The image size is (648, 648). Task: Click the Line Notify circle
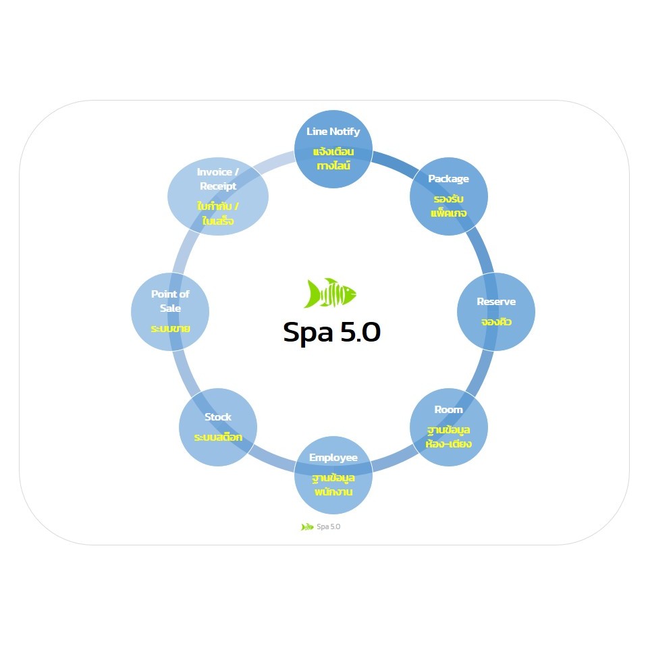pos(333,149)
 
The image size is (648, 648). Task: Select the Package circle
pos(449,196)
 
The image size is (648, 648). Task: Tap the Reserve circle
pos(496,312)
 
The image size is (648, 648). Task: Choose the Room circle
pos(449,427)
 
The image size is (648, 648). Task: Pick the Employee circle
pos(333,475)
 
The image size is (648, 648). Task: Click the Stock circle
pos(218,427)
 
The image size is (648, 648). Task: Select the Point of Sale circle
pos(170,312)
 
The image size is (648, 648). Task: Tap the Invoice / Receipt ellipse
pos(218,196)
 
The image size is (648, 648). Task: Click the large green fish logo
pos(330,293)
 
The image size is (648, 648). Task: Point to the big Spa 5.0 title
pos(331,332)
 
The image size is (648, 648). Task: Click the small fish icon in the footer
pos(307,527)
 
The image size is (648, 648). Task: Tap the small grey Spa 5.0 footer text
pos(329,526)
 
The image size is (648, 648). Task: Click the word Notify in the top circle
pos(345,132)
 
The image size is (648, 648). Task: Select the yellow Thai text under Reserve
pos(496,321)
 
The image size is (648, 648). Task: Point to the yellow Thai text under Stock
pos(218,437)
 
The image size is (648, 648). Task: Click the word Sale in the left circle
pos(170,308)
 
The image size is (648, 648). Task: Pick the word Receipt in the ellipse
pos(218,186)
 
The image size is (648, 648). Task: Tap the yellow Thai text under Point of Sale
pos(170,329)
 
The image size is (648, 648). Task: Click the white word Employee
pos(333,458)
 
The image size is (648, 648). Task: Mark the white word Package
pos(448,179)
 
